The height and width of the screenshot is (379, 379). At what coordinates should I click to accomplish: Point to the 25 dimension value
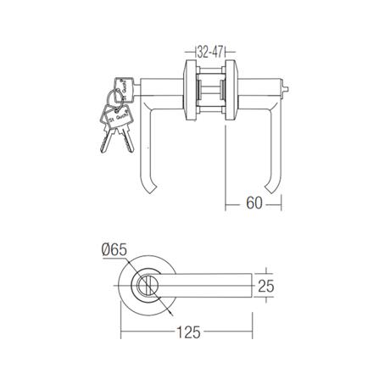tap(266, 287)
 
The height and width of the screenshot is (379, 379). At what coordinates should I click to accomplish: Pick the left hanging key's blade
tap(105, 139)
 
